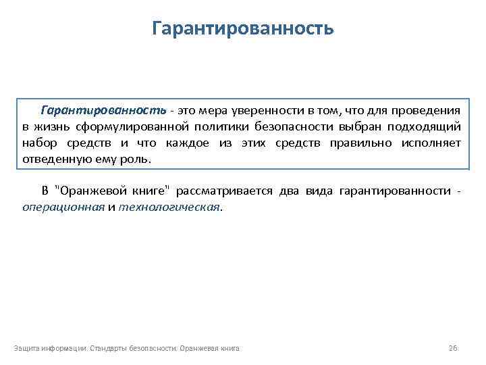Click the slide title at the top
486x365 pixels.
click(x=243, y=29)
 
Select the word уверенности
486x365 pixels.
click(x=267, y=109)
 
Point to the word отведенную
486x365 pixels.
click(x=56, y=160)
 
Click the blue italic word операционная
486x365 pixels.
click(x=63, y=208)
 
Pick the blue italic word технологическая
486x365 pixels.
click(x=169, y=208)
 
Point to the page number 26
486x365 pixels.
click(x=453, y=348)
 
